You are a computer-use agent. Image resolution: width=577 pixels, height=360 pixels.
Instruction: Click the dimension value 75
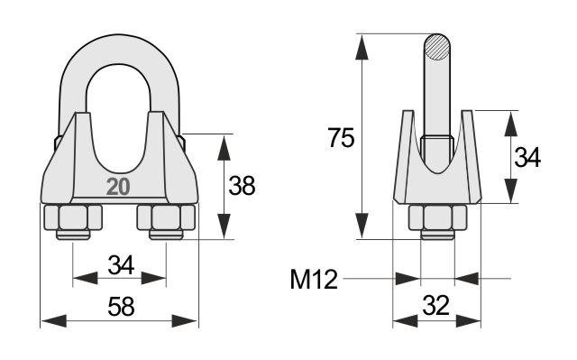341,138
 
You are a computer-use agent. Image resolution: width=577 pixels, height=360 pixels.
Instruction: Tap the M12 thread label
314,279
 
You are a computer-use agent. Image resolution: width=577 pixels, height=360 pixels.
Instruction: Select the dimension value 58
121,306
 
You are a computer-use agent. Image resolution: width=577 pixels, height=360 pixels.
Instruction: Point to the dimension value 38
242,185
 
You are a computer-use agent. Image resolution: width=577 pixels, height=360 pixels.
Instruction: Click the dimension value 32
436,305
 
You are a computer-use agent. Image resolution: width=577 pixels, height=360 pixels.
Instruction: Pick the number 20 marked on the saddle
118,187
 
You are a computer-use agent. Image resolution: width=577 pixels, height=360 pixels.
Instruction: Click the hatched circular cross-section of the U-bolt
436,47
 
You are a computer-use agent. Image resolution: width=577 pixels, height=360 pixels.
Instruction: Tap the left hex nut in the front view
73,217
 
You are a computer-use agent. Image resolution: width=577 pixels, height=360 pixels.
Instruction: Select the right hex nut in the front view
166,217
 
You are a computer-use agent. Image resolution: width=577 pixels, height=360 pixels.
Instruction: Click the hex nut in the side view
437,217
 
